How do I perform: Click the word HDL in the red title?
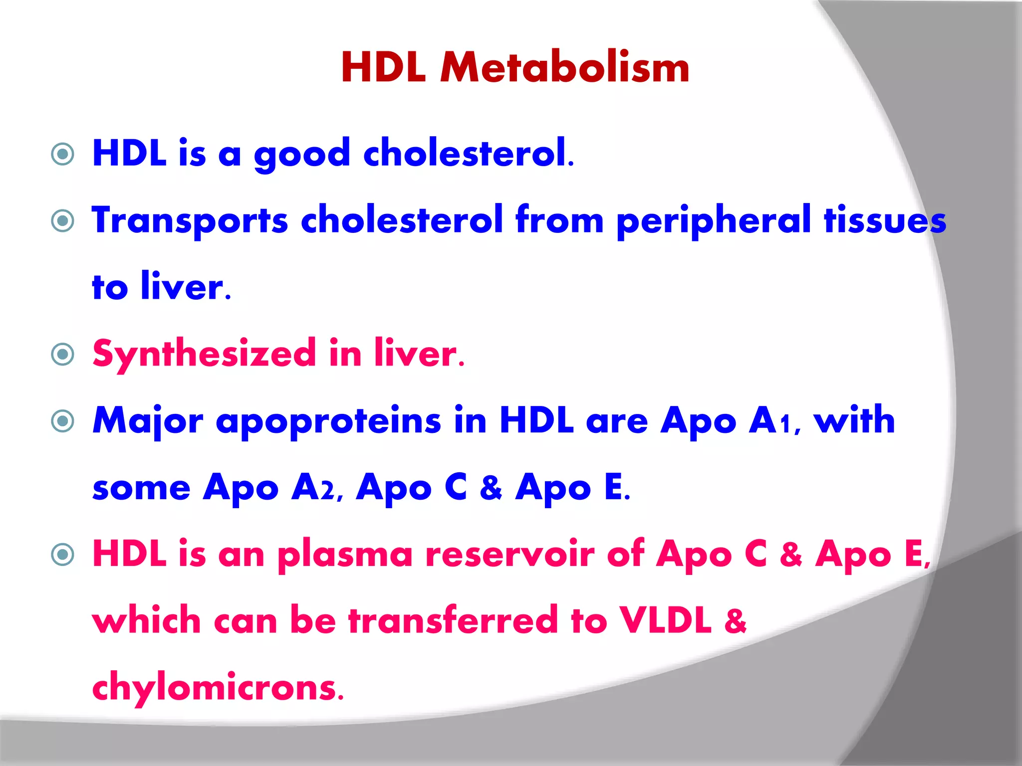click(383, 68)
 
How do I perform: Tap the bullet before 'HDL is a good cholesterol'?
click(63, 154)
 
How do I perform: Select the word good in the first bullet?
click(302, 154)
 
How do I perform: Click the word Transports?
click(190, 221)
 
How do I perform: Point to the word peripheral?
click(714, 221)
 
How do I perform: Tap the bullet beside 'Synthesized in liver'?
click(63, 355)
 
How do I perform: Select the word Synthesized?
click(204, 355)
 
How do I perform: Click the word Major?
click(148, 421)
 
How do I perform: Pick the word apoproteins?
click(328, 421)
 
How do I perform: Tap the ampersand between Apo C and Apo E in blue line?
click(491, 488)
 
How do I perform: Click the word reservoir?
click(510, 555)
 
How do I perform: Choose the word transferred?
click(453, 621)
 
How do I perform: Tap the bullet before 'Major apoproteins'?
click(63, 421)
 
